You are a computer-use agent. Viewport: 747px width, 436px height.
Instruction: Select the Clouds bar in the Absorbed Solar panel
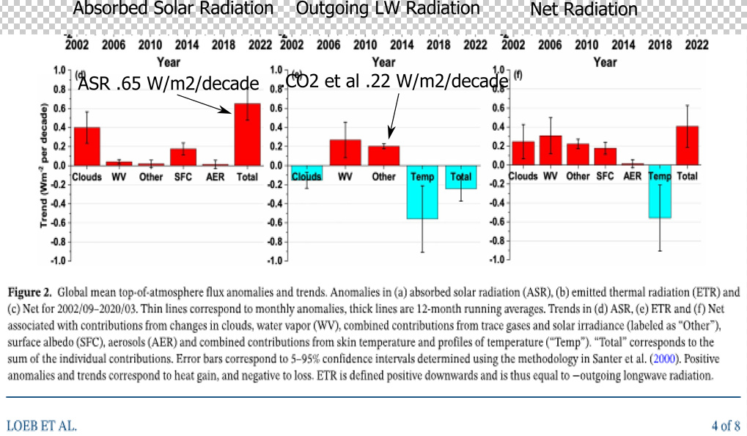pyautogui.click(x=87, y=145)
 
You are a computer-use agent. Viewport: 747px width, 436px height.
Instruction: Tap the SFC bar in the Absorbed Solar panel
pyautogui.click(x=183, y=156)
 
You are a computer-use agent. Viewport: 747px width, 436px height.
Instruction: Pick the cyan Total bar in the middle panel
pyautogui.click(x=460, y=177)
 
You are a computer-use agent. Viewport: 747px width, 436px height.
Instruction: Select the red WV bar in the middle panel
pyautogui.click(x=345, y=152)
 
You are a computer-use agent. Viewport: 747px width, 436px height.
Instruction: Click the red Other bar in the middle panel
pyautogui.click(x=383, y=155)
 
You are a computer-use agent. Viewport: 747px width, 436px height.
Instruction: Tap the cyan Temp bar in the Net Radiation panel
pyautogui.click(x=660, y=192)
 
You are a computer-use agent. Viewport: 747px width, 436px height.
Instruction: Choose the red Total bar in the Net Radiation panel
pyautogui.click(x=687, y=145)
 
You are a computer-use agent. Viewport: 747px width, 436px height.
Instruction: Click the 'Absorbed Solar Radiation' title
pyautogui.click(x=174, y=9)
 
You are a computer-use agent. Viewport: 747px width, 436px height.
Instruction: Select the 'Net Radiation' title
pyautogui.click(x=584, y=10)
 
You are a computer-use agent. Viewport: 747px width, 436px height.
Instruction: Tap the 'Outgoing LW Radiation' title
pyautogui.click(x=388, y=9)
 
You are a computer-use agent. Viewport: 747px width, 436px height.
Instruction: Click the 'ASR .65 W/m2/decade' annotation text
pyautogui.click(x=168, y=83)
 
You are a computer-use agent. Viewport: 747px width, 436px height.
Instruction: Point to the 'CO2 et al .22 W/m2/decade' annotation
pyautogui.click(x=397, y=81)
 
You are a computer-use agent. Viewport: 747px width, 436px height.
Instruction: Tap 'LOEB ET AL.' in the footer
pyautogui.click(x=41, y=425)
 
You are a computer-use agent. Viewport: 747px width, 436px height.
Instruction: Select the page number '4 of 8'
pyautogui.click(x=725, y=425)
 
